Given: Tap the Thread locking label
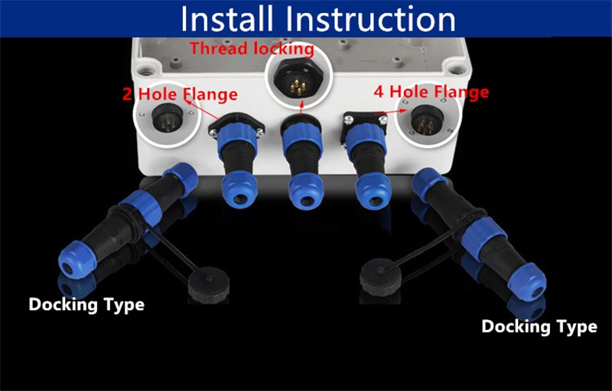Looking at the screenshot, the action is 252,49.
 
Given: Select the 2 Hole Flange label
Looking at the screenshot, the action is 180,95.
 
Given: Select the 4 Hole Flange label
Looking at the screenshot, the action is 431,92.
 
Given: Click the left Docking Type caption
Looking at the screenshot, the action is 86,305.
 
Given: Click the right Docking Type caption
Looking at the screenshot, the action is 539,327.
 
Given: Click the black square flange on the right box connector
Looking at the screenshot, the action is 356,122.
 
